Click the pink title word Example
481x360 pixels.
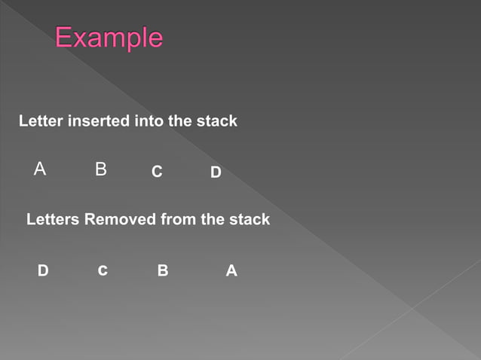(x=109, y=38)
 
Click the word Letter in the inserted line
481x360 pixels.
(x=41, y=121)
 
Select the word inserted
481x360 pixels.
(x=100, y=121)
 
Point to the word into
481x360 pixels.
(x=149, y=121)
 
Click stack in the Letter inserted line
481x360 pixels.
(x=217, y=121)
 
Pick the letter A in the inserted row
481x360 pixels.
(x=40, y=169)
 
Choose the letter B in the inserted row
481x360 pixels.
(x=101, y=169)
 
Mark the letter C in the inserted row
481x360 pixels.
(x=157, y=172)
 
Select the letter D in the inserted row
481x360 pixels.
(x=216, y=173)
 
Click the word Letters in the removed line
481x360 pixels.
(x=54, y=220)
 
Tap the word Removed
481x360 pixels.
(x=121, y=220)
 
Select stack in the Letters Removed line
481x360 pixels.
(x=250, y=220)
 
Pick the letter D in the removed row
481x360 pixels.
(x=43, y=270)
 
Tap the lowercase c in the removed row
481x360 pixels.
(x=102, y=271)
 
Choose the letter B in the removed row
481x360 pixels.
(x=163, y=270)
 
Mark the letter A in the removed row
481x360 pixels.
(x=231, y=270)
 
